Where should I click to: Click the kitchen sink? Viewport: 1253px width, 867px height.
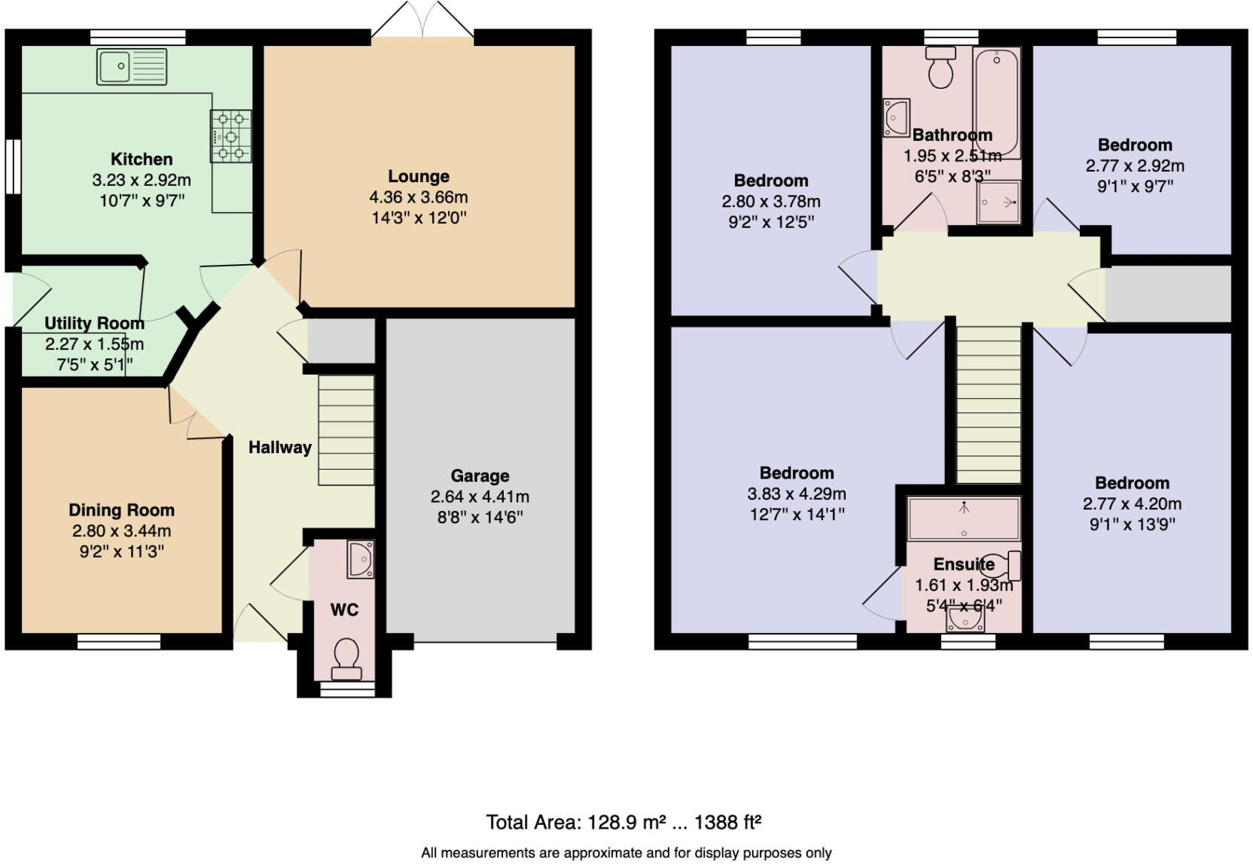(x=132, y=66)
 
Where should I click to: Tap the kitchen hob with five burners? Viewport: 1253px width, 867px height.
(x=230, y=136)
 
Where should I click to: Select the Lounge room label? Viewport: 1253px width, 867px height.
(x=419, y=176)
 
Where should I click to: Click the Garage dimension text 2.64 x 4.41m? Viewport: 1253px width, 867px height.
(x=480, y=497)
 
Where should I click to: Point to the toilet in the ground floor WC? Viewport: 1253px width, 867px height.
(x=346, y=654)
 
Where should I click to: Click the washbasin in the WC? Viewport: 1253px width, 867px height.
(x=361, y=559)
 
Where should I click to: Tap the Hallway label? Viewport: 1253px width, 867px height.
(x=280, y=447)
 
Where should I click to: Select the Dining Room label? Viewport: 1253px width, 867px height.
(x=121, y=510)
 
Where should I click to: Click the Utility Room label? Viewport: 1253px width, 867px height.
(x=94, y=324)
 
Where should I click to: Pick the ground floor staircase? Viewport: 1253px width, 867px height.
(x=346, y=430)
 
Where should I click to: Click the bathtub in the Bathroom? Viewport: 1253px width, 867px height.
(x=996, y=102)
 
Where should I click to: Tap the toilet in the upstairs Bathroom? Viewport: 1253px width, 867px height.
(x=941, y=67)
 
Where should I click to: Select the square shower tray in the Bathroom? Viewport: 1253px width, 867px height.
(x=998, y=202)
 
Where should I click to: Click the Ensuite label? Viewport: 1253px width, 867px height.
(x=964, y=564)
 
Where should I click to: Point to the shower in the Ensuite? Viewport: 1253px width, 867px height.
(x=964, y=519)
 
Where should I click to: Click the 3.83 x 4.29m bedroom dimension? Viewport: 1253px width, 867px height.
(x=796, y=494)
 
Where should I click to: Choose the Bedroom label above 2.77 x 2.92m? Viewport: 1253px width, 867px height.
(x=1134, y=144)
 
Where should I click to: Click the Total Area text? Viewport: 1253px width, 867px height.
(x=623, y=822)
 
